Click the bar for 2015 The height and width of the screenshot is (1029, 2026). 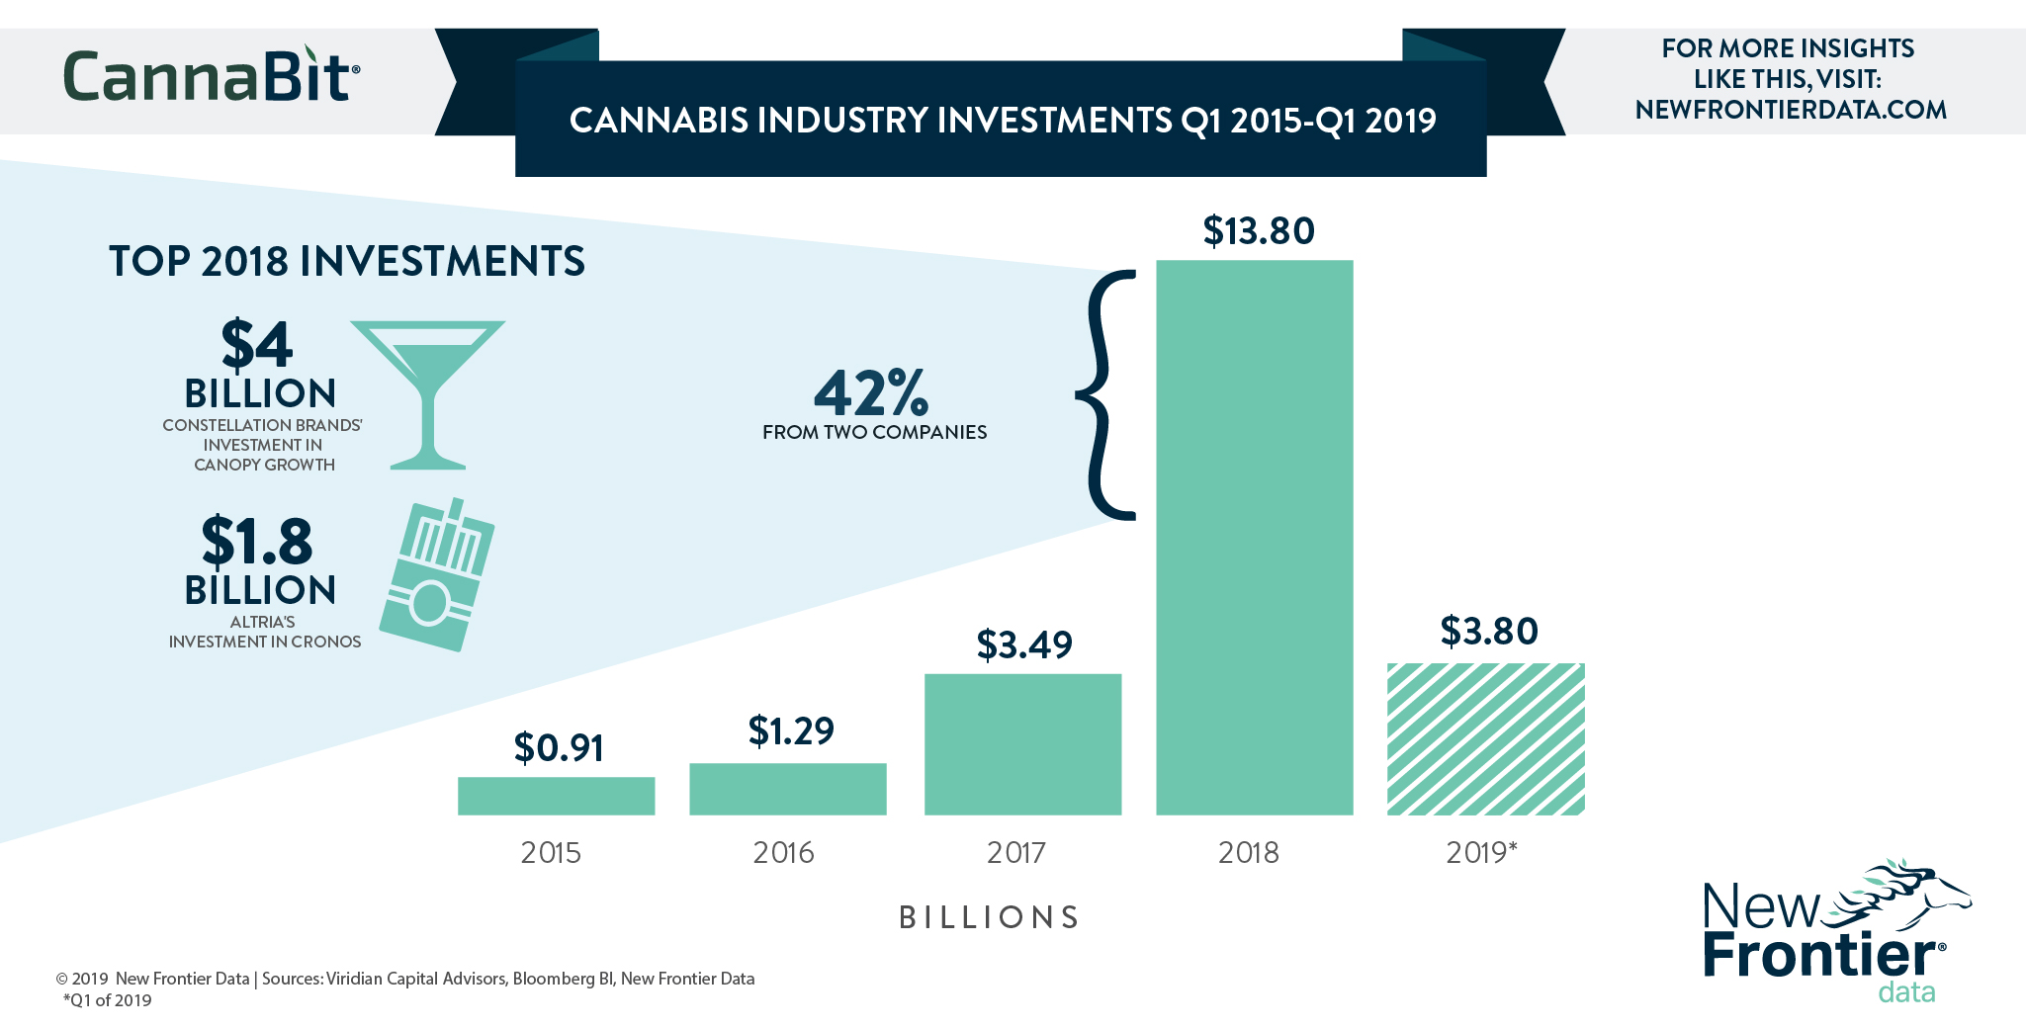[556, 796]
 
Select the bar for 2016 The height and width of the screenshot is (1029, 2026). [787, 789]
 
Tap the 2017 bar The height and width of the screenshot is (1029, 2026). [1022, 744]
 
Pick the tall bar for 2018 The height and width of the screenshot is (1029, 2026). [1254, 538]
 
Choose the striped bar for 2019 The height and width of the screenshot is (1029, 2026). [1485, 739]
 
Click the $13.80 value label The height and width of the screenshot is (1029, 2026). [1258, 231]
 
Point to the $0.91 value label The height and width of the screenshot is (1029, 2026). [559, 748]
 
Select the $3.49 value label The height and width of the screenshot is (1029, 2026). [1023, 644]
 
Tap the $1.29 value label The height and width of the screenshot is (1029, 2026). [791, 731]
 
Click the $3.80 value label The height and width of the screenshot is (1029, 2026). [1488, 631]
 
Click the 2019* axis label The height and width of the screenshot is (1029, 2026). [1480, 852]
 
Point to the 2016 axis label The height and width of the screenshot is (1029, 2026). [783, 852]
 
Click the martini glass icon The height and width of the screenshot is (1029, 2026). [427, 390]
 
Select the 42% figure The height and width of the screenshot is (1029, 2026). [871, 393]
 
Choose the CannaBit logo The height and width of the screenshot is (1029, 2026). [211, 76]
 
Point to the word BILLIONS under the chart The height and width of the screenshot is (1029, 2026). [989, 917]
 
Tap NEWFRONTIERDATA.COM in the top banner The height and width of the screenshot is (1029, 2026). [1790, 110]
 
